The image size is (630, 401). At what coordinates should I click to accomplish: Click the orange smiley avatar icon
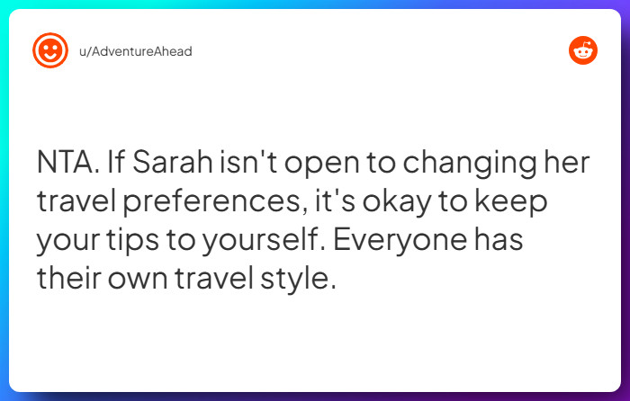[x=49, y=50]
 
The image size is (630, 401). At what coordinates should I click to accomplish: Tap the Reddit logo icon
[x=583, y=50]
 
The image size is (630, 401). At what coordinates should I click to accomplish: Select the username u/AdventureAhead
[x=134, y=51]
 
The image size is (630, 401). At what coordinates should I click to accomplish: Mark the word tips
[x=148, y=240]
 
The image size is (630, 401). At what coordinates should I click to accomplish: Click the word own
[x=143, y=277]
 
